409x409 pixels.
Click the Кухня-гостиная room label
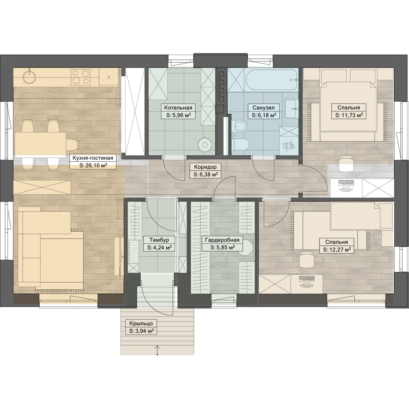coord(93,158)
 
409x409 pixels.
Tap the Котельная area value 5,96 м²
coord(179,115)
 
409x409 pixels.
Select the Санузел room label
coord(264,108)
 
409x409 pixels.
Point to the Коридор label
coord(205,167)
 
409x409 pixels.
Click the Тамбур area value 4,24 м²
coord(159,248)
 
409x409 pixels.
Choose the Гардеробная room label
coord(222,240)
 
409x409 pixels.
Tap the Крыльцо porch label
coord(141,323)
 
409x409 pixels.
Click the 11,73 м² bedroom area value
coord(349,115)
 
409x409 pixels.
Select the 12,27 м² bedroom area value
coord(337,250)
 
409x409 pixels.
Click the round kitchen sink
coord(28,77)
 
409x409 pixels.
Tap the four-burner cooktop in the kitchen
coord(81,77)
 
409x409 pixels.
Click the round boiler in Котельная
coord(204,145)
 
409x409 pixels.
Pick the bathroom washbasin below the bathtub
coord(292,109)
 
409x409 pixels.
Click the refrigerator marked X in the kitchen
coord(109,77)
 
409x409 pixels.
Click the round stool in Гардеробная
coord(246,248)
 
